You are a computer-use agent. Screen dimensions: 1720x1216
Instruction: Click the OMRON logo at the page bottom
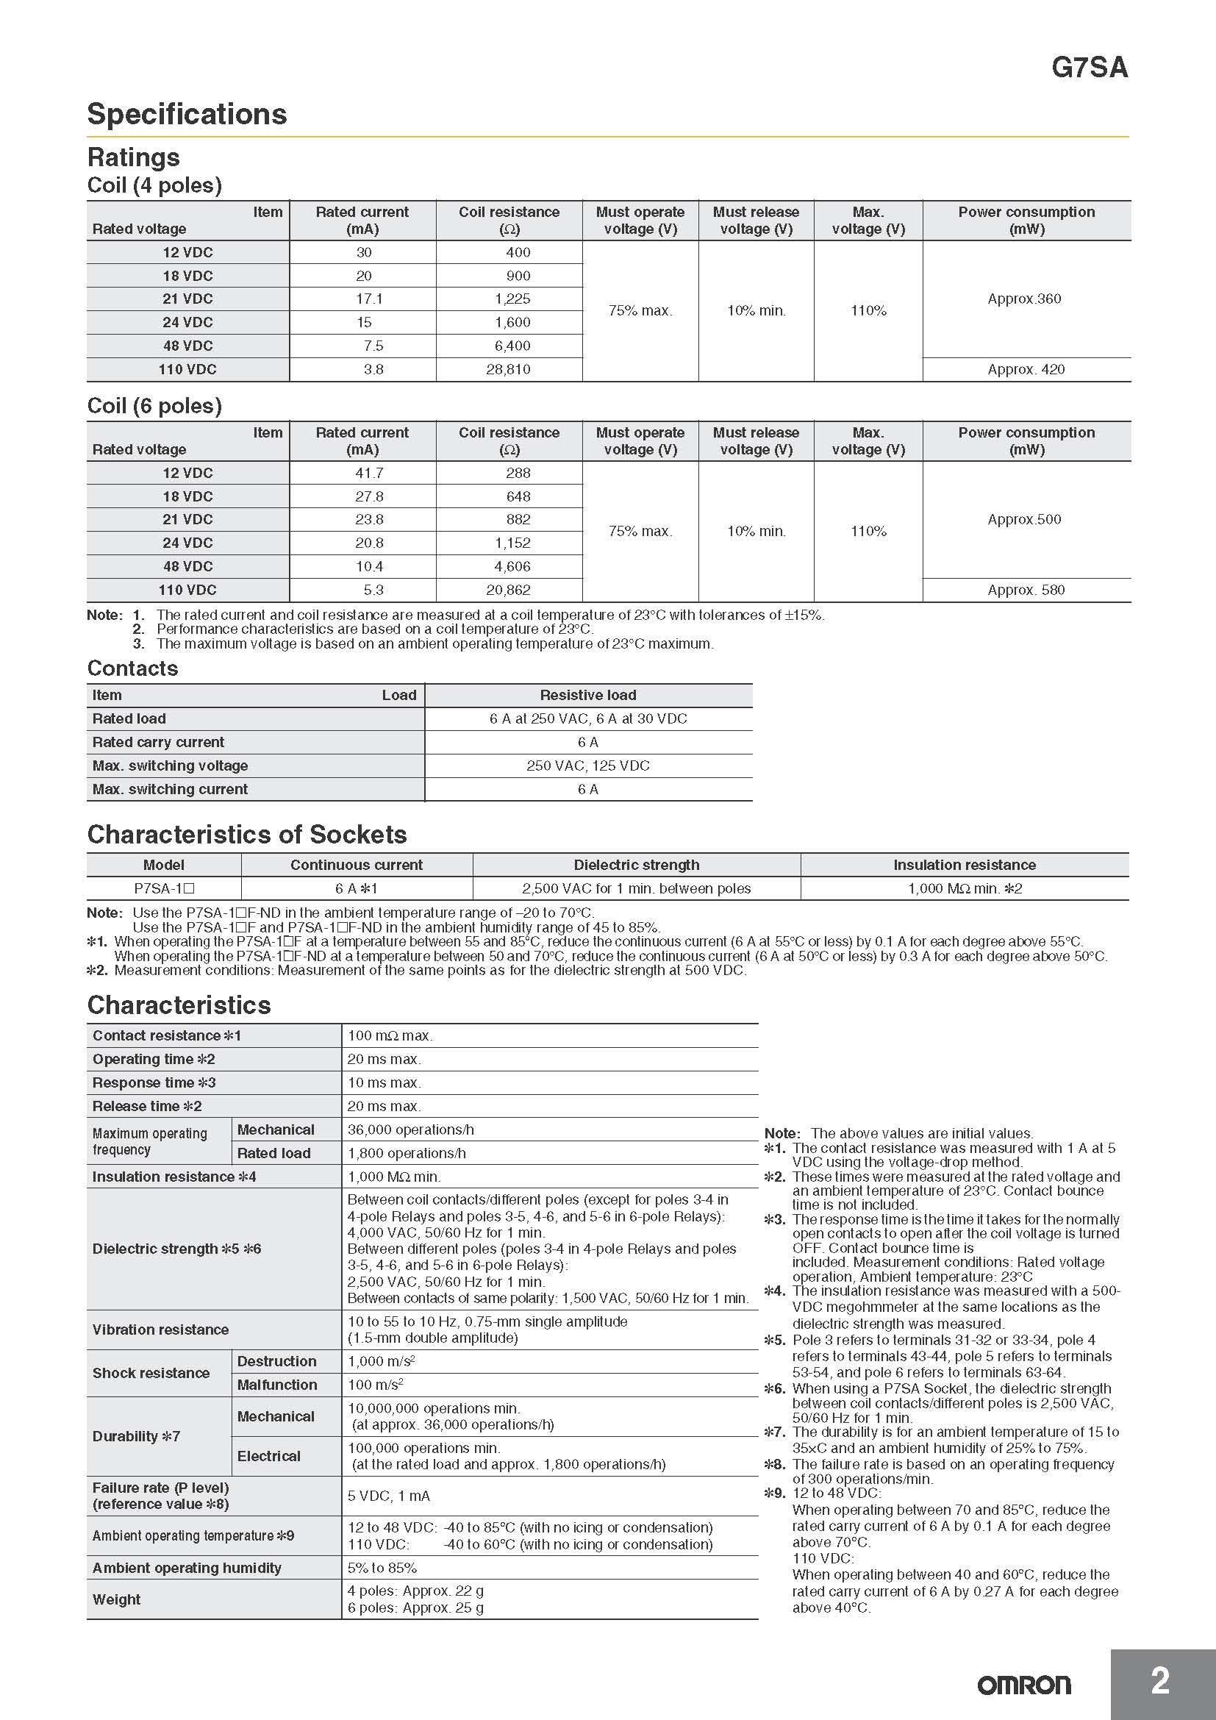(1023, 1685)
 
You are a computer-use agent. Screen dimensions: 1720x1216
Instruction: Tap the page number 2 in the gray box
(1159, 1680)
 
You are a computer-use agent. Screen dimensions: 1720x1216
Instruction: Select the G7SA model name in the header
(1089, 68)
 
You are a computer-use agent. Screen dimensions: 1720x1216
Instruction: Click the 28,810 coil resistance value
(508, 369)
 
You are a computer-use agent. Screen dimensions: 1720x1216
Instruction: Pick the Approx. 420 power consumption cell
(1026, 369)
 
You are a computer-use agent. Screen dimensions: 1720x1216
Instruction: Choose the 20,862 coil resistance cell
(508, 590)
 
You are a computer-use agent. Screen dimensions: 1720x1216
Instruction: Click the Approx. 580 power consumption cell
(1026, 590)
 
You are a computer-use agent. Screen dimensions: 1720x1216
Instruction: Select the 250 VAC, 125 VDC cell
(588, 766)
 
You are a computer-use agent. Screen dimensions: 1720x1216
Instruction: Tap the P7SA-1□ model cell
(164, 888)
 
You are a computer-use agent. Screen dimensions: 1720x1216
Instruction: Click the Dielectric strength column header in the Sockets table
(637, 865)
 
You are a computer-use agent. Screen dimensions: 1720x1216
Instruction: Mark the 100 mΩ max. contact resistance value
(390, 1035)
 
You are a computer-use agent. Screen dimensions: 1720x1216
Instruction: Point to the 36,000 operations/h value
(410, 1130)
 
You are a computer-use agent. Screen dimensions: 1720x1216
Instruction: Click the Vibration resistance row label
(160, 1330)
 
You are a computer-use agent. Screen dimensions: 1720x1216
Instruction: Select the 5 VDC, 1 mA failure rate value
(389, 1496)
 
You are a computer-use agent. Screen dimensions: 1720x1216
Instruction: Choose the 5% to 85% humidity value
(382, 1568)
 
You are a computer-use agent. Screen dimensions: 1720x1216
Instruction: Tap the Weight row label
(116, 1599)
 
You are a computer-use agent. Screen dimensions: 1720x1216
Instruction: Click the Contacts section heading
(132, 668)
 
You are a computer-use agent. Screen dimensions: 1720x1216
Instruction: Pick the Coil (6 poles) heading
(154, 406)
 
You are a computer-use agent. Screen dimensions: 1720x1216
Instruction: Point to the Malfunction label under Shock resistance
(277, 1385)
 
